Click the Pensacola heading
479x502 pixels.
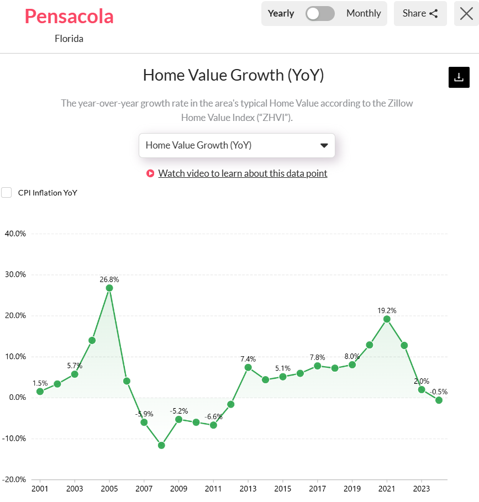[x=69, y=16]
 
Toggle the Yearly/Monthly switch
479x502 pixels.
[x=320, y=13]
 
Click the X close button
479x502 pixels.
[x=466, y=13]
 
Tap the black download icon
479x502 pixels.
[x=459, y=77]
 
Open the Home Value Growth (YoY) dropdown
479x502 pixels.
[x=236, y=145]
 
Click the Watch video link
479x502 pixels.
[x=243, y=173]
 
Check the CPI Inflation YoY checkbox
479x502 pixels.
[x=7, y=192]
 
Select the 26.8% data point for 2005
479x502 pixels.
[x=109, y=288]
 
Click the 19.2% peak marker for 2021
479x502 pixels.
[x=387, y=319]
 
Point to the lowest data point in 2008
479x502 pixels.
[x=161, y=445]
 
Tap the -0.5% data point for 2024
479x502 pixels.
[x=439, y=400]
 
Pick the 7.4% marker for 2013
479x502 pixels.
[x=248, y=367]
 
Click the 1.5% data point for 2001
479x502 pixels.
[x=40, y=392]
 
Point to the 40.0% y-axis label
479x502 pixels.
[x=15, y=234]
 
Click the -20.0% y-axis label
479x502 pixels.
[x=14, y=479]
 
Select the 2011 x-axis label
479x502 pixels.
[x=213, y=489]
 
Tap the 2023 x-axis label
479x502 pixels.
[x=422, y=489]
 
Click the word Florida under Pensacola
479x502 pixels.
[x=69, y=39]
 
